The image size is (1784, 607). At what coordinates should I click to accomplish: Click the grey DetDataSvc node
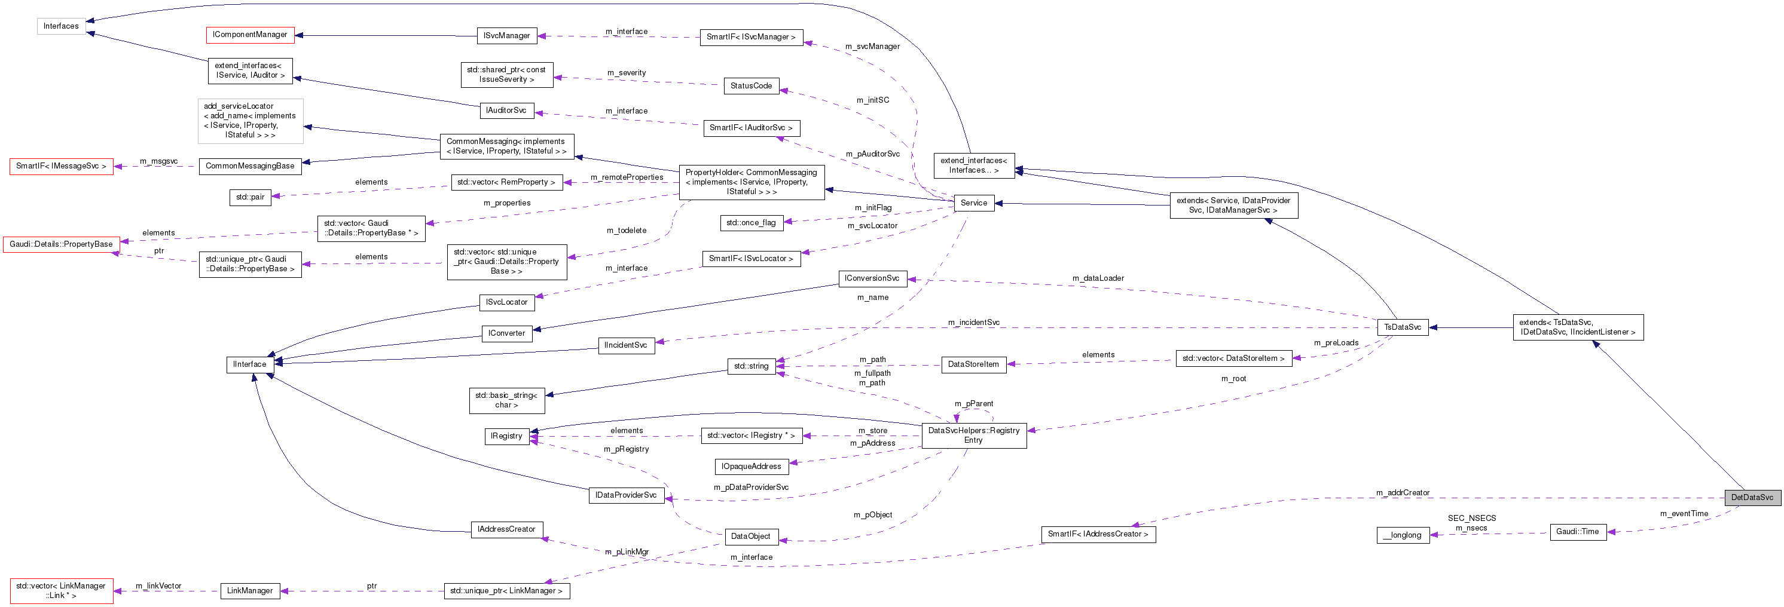click(x=1752, y=497)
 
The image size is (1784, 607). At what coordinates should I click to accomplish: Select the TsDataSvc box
click(x=1403, y=327)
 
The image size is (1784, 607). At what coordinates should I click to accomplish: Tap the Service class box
click(x=973, y=203)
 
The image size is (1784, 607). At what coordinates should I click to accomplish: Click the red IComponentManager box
click(x=250, y=35)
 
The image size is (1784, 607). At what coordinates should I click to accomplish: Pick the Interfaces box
click(x=61, y=26)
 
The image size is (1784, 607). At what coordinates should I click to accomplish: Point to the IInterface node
click(x=249, y=364)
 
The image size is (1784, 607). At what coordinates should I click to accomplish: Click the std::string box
click(x=751, y=366)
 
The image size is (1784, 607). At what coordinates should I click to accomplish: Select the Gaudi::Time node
click(x=1577, y=532)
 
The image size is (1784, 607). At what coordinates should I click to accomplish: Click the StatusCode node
click(x=751, y=86)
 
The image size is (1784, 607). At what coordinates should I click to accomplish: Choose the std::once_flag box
click(x=751, y=222)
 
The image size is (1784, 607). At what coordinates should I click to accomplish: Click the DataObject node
click(x=750, y=536)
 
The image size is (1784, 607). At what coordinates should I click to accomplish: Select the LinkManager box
click(x=250, y=590)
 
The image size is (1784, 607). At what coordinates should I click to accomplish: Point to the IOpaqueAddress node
click(x=751, y=467)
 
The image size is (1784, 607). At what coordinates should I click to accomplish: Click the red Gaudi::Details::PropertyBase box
click(x=61, y=244)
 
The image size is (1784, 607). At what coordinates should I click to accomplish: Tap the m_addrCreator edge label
click(x=1403, y=492)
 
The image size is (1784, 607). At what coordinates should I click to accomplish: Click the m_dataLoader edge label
click(x=1098, y=278)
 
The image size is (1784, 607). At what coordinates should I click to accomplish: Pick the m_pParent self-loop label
click(x=973, y=403)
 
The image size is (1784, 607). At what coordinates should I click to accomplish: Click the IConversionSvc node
click(x=871, y=278)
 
